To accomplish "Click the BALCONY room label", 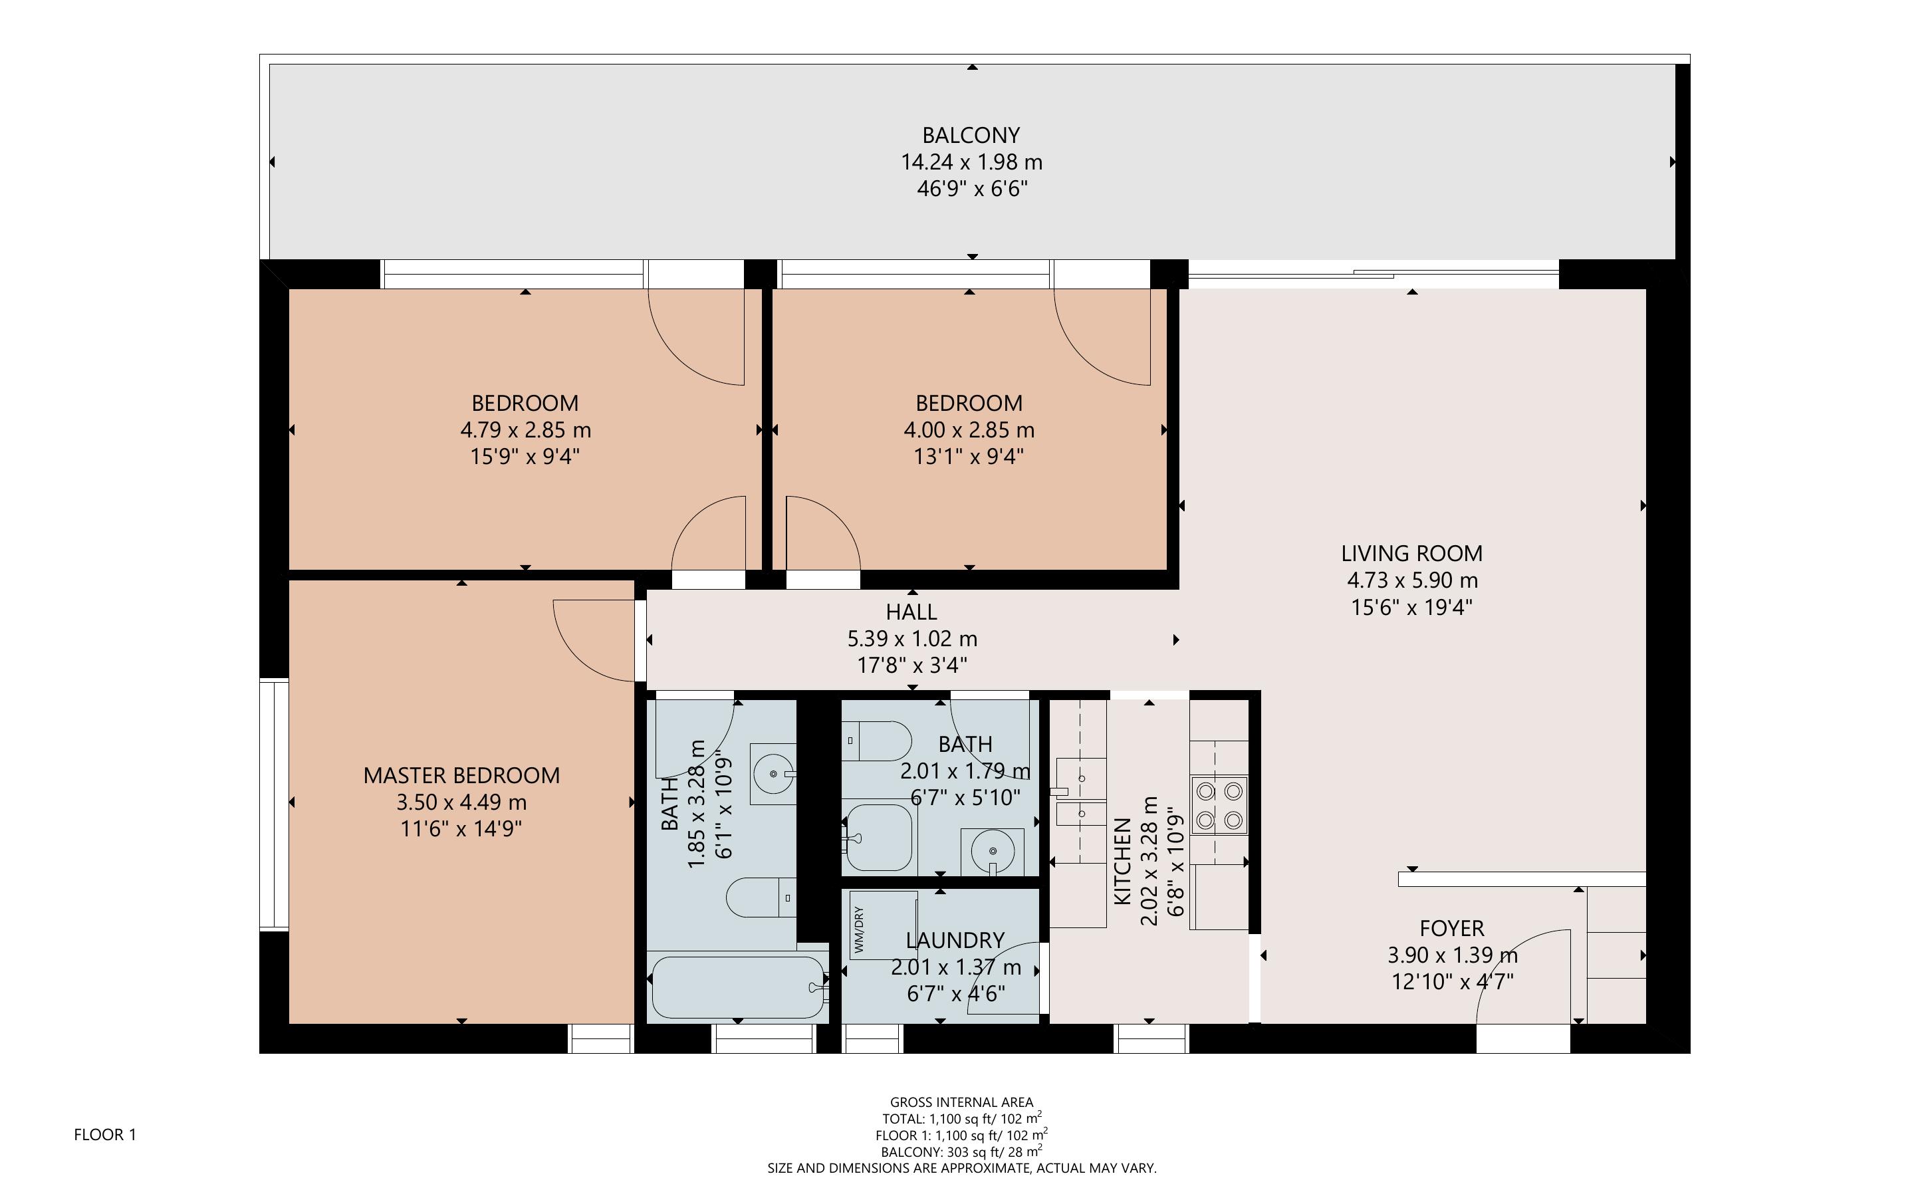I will (971, 135).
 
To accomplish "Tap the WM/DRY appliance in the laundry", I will (882, 925).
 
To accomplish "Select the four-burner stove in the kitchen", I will (1219, 804).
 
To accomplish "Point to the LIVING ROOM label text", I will (1411, 553).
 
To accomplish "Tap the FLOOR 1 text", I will (105, 1134).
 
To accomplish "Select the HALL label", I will (911, 612).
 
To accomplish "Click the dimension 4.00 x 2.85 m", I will (969, 430).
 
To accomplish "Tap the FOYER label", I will (1451, 929).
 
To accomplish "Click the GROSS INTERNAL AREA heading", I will (961, 1102).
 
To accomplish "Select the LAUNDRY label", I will (955, 941).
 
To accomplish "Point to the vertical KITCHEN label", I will (1122, 861).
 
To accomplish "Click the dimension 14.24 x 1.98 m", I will (971, 162).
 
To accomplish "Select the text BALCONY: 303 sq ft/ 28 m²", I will (961, 1151).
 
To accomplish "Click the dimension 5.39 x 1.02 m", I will (911, 639).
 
